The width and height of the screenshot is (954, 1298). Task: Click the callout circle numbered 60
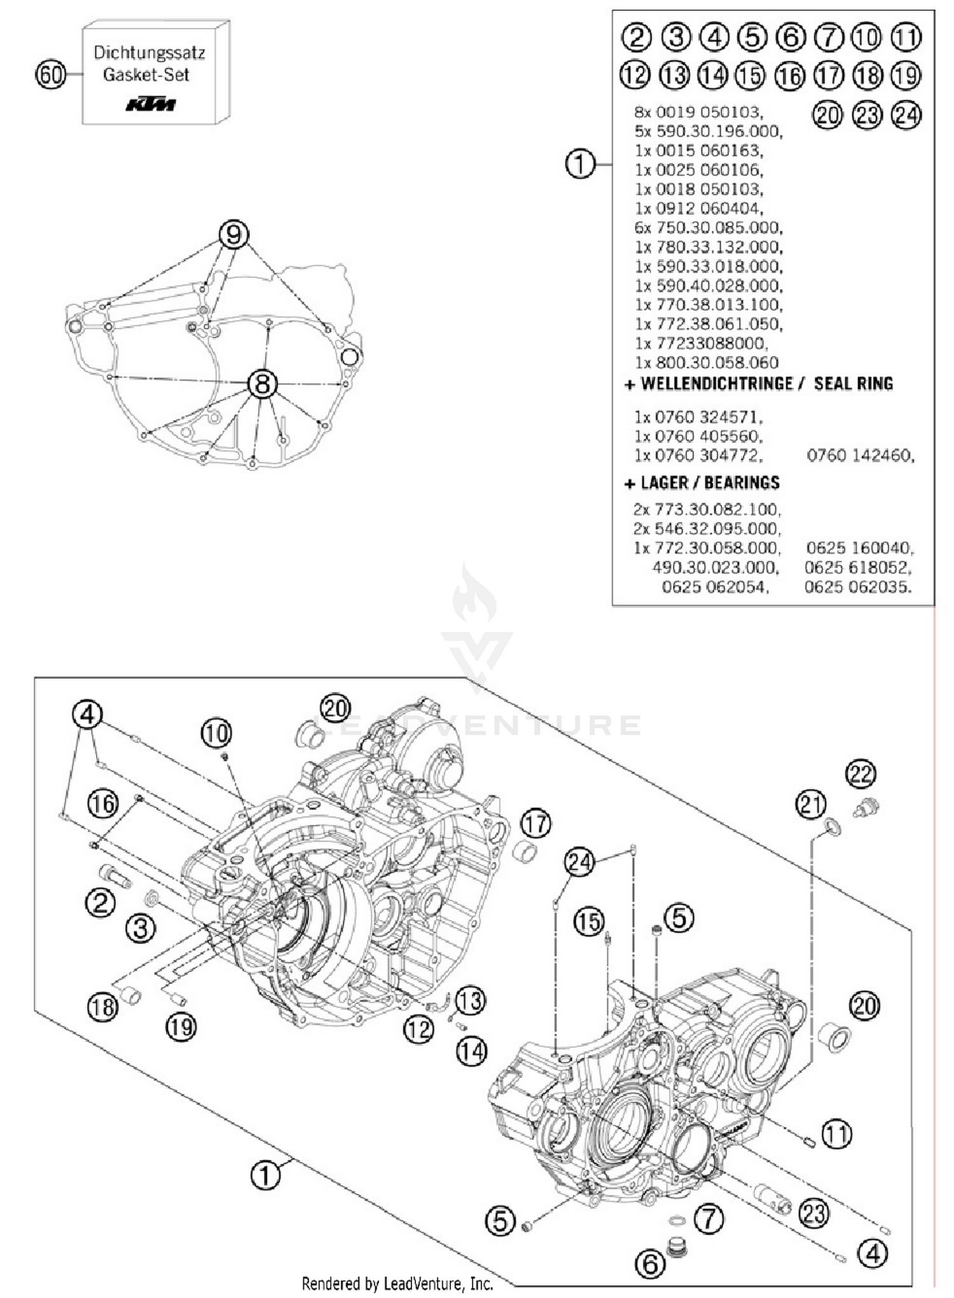point(51,74)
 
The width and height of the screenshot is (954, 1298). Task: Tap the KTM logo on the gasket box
point(150,104)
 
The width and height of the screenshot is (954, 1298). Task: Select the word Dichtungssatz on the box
point(149,53)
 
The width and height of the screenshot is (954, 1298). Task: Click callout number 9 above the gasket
point(233,235)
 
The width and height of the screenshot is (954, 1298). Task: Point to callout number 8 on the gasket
point(262,384)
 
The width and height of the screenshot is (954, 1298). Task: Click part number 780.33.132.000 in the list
point(709,247)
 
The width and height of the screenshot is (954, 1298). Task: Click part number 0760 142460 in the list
point(860,455)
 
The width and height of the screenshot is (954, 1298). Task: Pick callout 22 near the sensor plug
point(861,774)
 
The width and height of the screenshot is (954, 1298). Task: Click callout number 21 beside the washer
point(811,805)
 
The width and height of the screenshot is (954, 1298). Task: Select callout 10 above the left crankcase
point(216,734)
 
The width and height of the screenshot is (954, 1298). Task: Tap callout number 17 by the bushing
point(536,824)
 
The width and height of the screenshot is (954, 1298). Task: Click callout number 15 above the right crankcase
point(588,921)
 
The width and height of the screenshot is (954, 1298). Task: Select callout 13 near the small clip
point(469,1001)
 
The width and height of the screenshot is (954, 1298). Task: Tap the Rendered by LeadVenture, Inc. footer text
point(397,1284)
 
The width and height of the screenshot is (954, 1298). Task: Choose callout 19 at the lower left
point(181,1026)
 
